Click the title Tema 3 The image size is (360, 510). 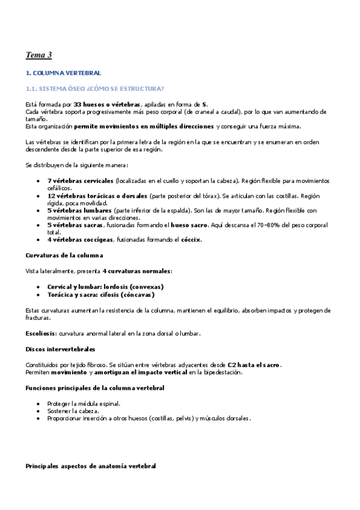coord(38,55)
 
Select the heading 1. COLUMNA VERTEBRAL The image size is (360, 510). coord(63,73)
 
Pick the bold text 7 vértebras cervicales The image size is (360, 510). coord(80,180)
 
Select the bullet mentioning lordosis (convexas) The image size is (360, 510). coord(105,286)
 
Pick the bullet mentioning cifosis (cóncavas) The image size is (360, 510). coord(100,295)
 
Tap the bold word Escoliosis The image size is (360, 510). coord(40,333)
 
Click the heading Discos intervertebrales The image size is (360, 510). coord(59,348)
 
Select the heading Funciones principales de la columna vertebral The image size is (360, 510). coord(95,387)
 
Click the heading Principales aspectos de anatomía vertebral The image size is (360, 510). coord(90,466)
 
